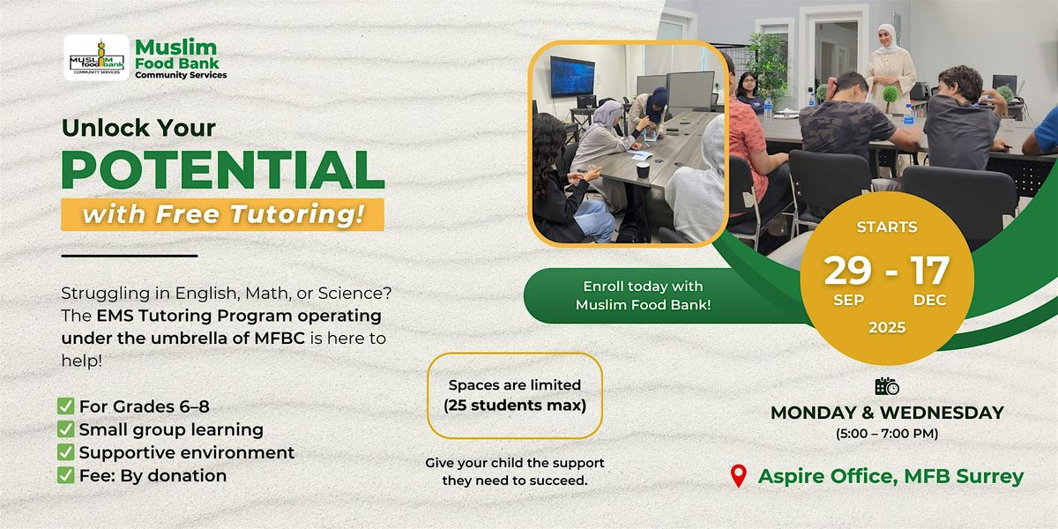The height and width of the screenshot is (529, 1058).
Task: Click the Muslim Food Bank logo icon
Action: point(96,57)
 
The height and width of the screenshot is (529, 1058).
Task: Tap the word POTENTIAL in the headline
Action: point(223,170)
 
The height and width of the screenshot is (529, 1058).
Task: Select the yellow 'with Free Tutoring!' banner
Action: point(222,214)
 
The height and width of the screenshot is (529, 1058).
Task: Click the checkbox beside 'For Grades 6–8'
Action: point(65,406)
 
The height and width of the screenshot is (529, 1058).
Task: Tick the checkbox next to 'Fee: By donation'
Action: point(65,475)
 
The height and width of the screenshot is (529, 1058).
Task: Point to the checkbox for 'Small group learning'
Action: point(65,428)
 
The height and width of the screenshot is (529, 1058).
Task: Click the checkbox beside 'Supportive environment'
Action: point(65,452)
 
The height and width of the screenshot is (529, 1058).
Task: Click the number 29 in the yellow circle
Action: point(848,270)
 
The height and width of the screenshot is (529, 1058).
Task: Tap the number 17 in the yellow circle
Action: point(929,270)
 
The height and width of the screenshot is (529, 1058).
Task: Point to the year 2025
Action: point(887,327)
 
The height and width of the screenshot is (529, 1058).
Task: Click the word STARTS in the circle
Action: point(887,227)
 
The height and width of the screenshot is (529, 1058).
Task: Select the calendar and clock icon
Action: point(887,386)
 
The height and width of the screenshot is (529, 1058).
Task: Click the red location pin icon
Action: point(739,475)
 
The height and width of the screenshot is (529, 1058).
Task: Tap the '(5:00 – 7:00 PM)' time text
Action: point(887,434)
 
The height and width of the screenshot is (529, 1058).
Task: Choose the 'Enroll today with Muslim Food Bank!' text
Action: point(644,295)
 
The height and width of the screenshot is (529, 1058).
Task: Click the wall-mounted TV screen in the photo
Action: point(572,77)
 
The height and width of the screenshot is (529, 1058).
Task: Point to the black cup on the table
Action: point(642,170)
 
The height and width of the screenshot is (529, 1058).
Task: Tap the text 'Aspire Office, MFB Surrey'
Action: point(890,476)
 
